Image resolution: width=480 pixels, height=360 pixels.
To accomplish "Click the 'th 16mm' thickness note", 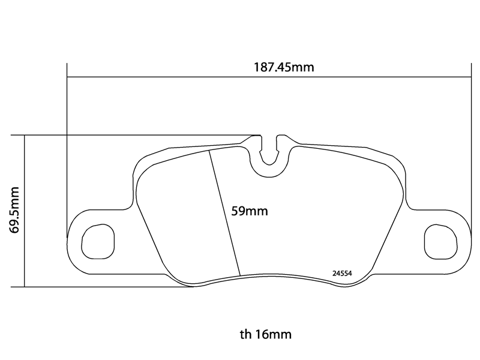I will pos(265,334).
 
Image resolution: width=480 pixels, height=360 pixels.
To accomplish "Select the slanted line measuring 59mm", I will pos(225,213).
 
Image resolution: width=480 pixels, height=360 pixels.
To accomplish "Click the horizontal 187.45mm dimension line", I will pos(180,77).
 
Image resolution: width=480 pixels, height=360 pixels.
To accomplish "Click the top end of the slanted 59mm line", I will pos(209,151).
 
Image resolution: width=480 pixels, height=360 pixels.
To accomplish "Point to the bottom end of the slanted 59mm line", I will pos(241,276).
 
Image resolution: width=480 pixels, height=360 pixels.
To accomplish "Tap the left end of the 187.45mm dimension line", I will pos(67,77).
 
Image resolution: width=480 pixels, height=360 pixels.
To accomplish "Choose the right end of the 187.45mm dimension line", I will pos(470,77).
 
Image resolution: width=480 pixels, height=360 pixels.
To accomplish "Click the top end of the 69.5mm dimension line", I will pos(25,135).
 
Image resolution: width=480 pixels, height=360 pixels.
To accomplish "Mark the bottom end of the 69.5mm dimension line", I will pos(25,287).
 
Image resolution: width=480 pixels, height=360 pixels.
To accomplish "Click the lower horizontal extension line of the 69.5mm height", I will pos(108,287).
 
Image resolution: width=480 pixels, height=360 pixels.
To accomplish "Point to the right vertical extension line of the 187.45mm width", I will pos(470,150).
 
